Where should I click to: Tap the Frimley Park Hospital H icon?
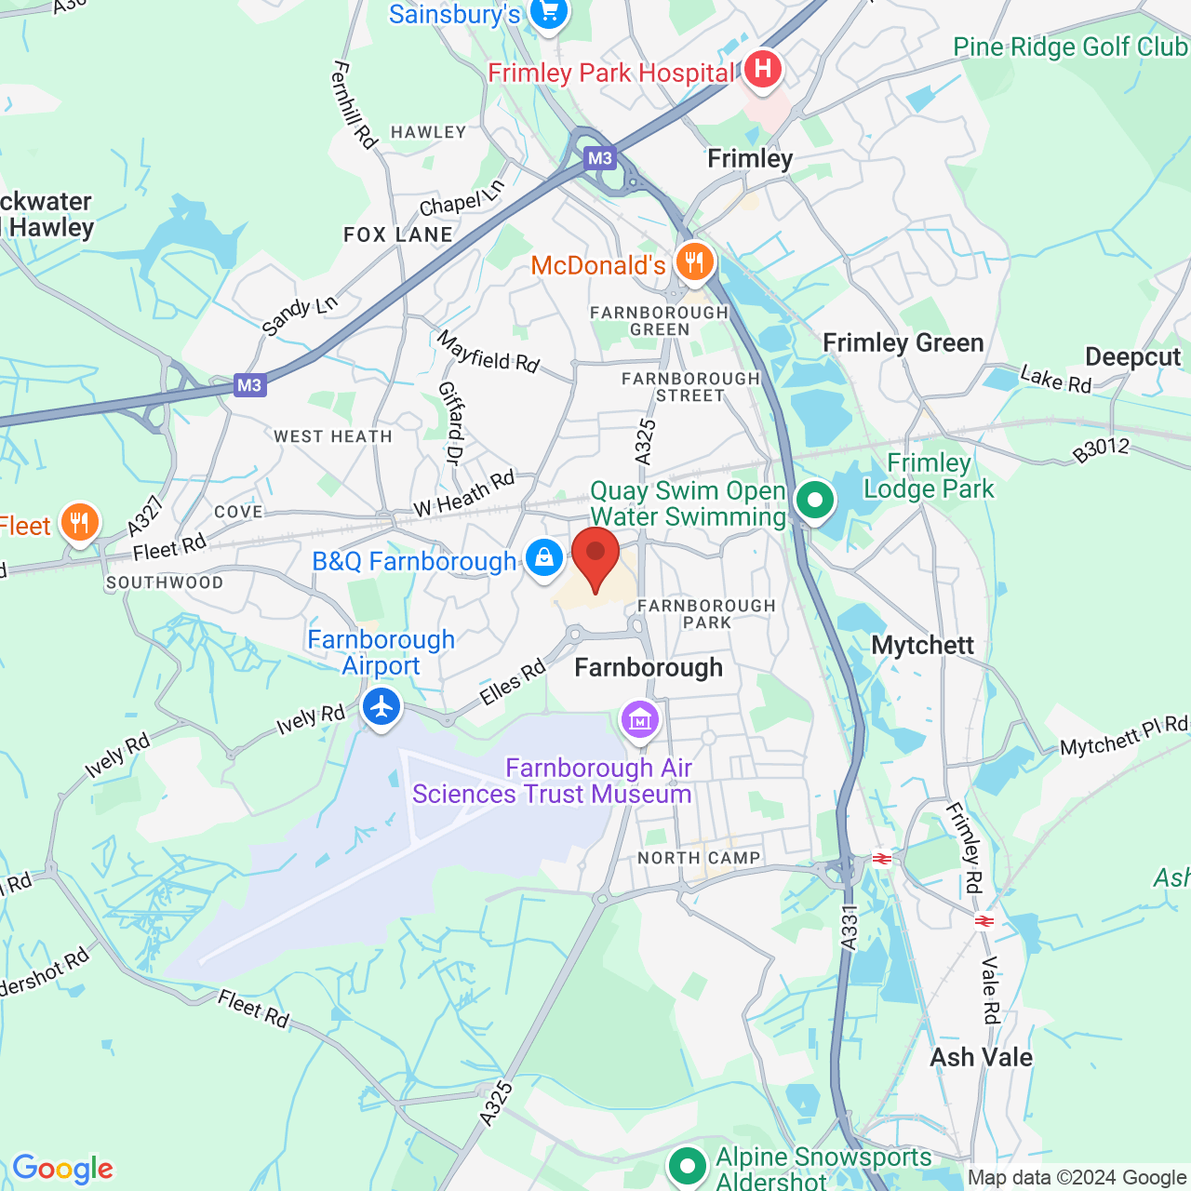click(762, 69)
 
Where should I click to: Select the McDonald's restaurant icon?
click(694, 263)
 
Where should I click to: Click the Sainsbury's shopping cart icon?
click(548, 13)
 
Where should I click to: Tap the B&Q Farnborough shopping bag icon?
click(543, 558)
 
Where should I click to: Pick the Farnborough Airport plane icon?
click(381, 707)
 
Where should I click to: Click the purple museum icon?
click(640, 719)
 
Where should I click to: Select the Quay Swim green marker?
click(815, 502)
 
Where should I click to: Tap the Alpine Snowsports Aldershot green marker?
click(688, 1165)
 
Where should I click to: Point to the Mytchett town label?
click(922, 645)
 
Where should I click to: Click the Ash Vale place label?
click(981, 1057)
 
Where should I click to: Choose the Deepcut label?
click(1132, 357)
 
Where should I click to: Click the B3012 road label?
click(1100, 450)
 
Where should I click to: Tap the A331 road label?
click(848, 928)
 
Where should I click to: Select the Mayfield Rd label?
click(488, 352)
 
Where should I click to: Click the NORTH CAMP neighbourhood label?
click(699, 858)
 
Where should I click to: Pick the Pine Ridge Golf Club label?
click(1070, 47)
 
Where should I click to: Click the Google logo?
click(63, 1169)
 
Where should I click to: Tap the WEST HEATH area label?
click(332, 436)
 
